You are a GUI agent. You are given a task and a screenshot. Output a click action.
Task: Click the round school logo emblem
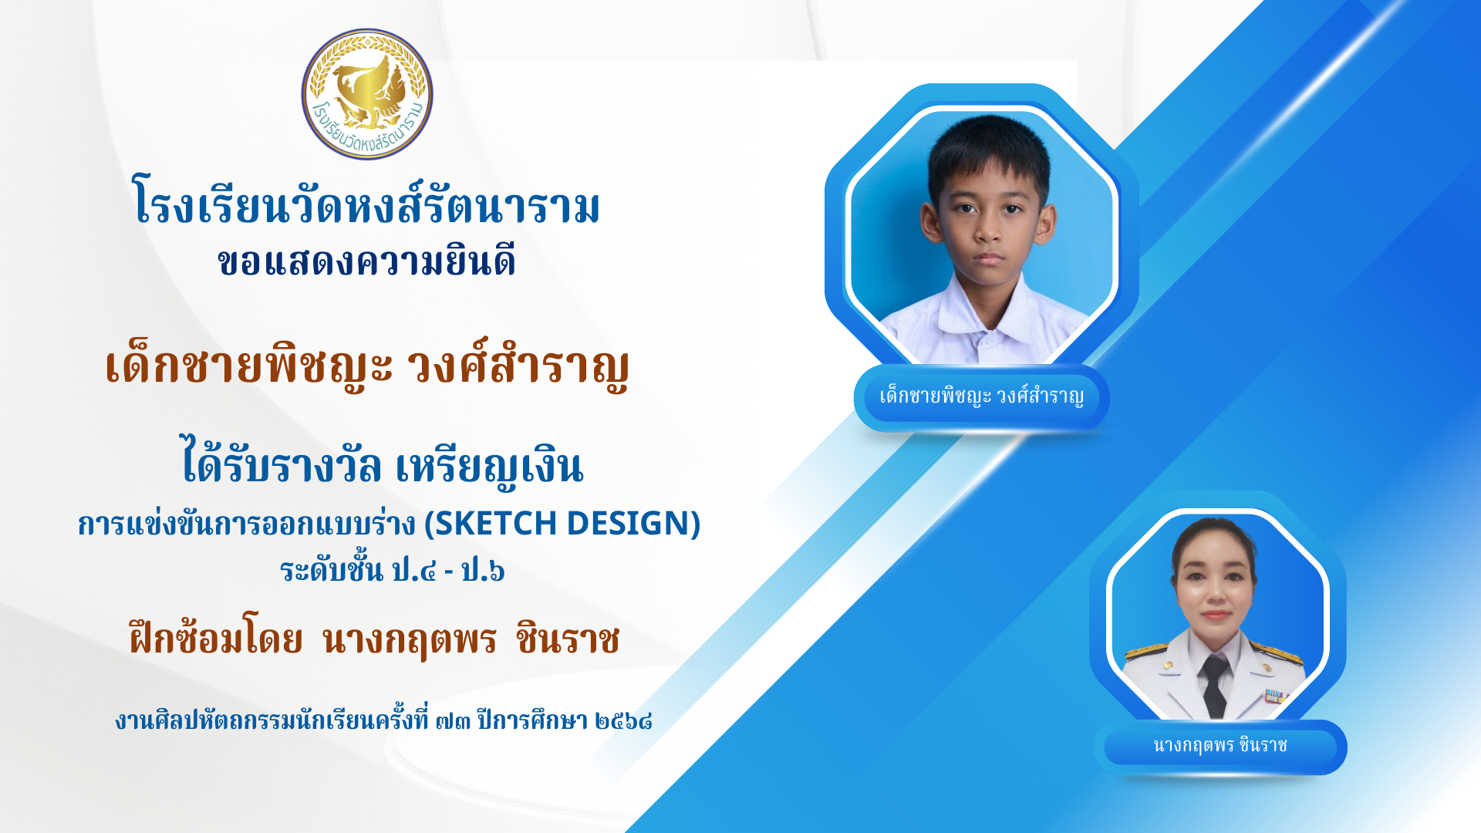[x=367, y=94]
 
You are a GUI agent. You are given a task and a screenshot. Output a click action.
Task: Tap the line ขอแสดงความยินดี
[x=366, y=261]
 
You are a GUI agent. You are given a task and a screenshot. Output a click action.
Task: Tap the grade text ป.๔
[x=414, y=571]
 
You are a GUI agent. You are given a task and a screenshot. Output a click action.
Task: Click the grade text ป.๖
[x=483, y=571]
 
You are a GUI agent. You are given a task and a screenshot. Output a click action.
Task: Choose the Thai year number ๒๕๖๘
[x=624, y=721]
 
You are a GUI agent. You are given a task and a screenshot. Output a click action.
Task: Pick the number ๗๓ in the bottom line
[x=453, y=721]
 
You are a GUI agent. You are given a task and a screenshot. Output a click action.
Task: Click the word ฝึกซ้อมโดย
[x=216, y=637]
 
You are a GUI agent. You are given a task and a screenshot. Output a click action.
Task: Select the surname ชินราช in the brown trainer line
[x=568, y=639]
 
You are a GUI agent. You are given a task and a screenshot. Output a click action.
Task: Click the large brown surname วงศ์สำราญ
[x=518, y=366]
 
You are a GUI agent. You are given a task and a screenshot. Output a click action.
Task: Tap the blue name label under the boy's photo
[x=981, y=397]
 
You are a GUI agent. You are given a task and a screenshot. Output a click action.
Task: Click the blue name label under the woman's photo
[x=1220, y=746]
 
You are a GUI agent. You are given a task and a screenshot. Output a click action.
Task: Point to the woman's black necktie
[x=1214, y=685]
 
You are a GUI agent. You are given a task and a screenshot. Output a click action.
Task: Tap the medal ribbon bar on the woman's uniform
[x=1276, y=696]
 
